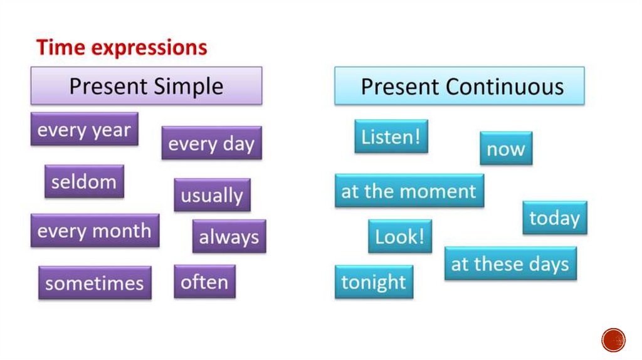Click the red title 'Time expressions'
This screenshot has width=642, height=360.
[122, 48]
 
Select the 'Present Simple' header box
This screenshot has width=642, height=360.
[146, 85]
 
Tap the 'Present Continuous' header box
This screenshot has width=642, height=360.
[460, 85]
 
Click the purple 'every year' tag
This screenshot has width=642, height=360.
[85, 129]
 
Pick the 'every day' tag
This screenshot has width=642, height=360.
[212, 143]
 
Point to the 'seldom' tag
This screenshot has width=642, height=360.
[85, 181]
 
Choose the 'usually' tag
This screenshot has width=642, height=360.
[212, 195]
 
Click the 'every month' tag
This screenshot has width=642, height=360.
[95, 231]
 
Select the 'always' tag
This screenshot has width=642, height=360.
[229, 236]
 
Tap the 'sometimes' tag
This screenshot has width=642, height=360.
[95, 283]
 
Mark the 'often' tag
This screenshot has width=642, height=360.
[205, 282]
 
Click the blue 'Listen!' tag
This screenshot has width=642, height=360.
[391, 136]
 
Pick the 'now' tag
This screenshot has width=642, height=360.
[506, 148]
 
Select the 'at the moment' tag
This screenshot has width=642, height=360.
[409, 191]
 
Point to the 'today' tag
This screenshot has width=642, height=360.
[555, 218]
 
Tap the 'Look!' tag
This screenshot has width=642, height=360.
[400, 236]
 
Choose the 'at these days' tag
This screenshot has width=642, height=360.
[510, 263]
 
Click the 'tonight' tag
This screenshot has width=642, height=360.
[374, 282]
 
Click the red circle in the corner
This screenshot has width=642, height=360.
[613, 340]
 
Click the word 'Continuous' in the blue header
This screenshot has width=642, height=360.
[505, 87]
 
